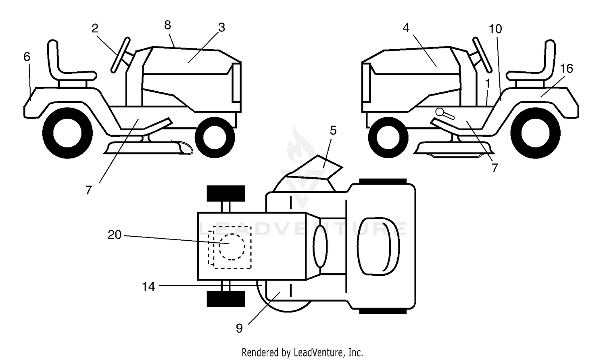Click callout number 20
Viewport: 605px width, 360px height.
115,235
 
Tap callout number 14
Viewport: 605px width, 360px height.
148,286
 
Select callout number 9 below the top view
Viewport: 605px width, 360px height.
239,328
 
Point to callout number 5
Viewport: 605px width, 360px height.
333,130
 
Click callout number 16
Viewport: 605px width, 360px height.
566,69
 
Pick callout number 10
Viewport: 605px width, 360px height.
495,29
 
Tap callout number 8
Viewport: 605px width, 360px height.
167,25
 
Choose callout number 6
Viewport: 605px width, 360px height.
27,57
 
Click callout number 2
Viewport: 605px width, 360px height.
94,28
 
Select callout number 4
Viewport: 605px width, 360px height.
406,27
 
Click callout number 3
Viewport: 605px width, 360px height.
221,27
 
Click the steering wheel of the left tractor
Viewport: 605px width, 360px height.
121,55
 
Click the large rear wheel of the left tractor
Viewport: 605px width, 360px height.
67,133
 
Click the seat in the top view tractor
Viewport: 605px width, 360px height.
378,246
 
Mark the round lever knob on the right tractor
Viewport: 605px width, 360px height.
440,112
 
